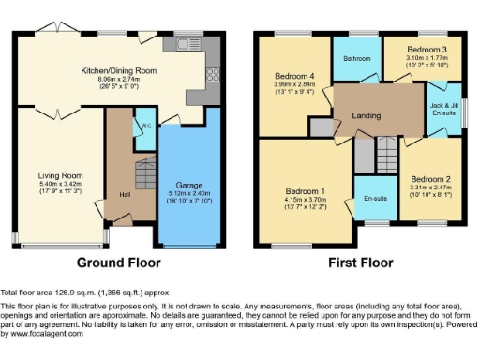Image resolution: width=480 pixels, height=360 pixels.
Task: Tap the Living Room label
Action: (61, 175)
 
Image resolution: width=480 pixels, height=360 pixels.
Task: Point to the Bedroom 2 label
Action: (431, 178)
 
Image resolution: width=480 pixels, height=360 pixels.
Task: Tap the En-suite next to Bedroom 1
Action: (376, 199)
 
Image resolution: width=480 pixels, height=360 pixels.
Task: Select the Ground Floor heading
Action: (117, 262)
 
